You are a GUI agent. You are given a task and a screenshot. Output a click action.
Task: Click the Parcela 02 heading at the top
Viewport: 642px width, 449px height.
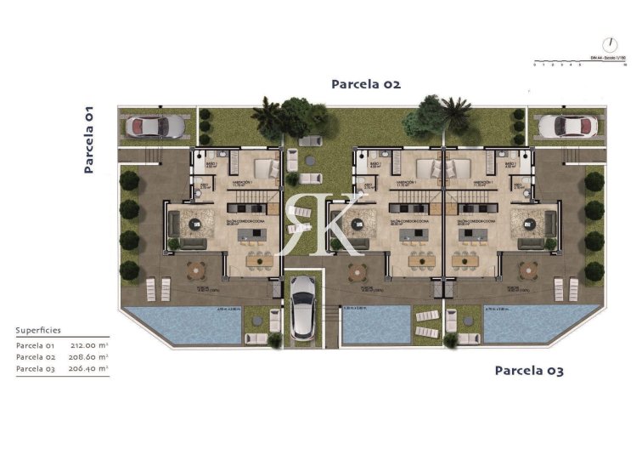[365, 84]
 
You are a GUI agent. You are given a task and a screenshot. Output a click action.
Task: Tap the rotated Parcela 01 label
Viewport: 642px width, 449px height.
[88, 139]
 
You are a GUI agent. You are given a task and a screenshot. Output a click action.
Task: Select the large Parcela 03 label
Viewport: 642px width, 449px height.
[528, 371]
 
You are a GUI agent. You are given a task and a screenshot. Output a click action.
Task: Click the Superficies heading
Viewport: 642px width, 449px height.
[38, 330]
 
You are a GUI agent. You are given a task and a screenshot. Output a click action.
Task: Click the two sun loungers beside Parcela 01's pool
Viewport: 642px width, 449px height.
[157, 288]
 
